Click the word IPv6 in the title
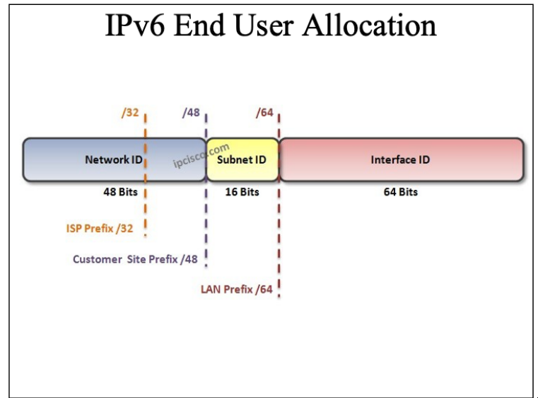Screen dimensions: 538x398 (135, 25)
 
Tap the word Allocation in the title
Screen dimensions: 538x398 (369, 25)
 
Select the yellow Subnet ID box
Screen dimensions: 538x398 (242, 159)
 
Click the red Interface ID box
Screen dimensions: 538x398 (402, 159)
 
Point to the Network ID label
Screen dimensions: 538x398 (114, 159)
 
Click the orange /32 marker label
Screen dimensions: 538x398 (130, 113)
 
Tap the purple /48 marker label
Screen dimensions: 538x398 (191, 113)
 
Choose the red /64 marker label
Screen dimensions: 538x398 (264, 113)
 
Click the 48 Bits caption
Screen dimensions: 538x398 (120, 192)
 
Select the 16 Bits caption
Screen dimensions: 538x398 (242, 192)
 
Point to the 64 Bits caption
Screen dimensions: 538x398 (400, 192)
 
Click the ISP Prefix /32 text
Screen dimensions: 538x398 (100, 228)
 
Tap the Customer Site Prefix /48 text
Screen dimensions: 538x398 (135, 258)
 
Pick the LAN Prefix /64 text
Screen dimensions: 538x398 (237, 289)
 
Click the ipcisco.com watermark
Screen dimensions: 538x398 (201, 155)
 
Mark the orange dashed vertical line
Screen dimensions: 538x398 (145, 175)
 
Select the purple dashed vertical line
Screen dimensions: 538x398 (206, 190)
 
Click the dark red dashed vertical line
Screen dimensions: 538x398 (279, 205)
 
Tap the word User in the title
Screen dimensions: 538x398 (264, 25)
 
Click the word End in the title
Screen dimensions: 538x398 (199, 25)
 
